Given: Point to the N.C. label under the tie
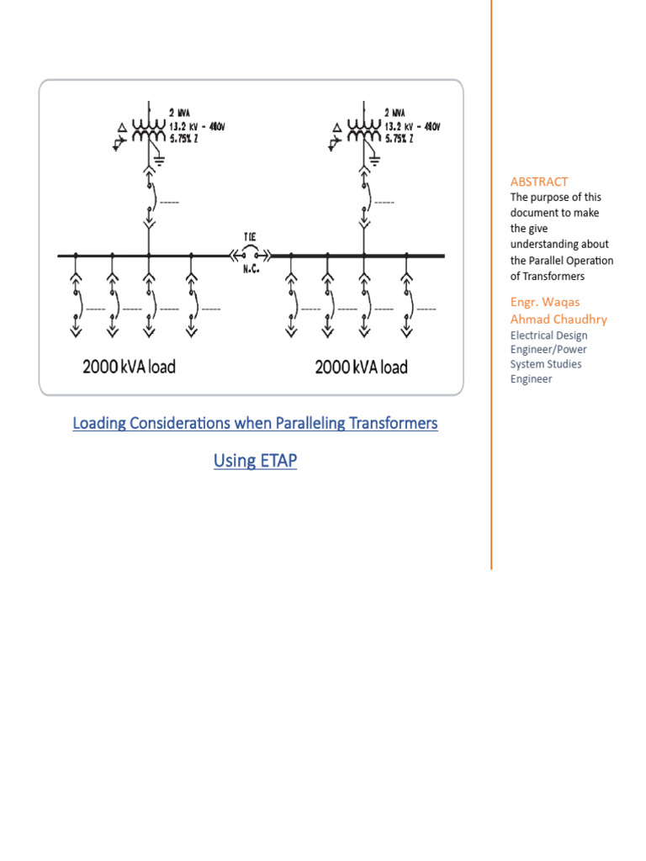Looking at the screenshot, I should click(250, 270).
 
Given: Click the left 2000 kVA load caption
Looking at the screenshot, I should click(129, 367).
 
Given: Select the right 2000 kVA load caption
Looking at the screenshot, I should click(361, 367).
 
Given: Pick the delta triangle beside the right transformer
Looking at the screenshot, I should click(336, 127).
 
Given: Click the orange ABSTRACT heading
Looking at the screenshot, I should click(539, 182).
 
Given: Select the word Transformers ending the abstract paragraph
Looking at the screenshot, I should click(555, 276).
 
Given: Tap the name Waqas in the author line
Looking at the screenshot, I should click(563, 303).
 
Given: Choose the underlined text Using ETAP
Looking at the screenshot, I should click(255, 461).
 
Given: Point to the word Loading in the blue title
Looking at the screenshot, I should click(99, 423).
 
